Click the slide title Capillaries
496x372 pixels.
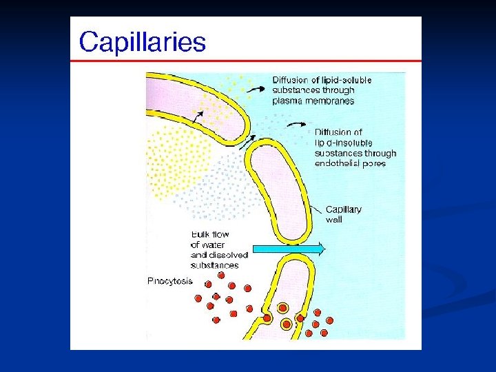(x=142, y=43)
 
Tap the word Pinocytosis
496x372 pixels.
(x=170, y=281)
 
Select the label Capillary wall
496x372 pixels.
(x=343, y=214)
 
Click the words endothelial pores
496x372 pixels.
(x=349, y=163)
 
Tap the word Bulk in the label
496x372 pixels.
(x=200, y=234)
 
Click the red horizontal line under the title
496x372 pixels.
(x=245, y=61)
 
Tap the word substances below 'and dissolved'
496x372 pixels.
(x=214, y=265)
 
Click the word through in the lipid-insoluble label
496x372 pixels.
(x=380, y=153)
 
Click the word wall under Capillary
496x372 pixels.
(x=333, y=220)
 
